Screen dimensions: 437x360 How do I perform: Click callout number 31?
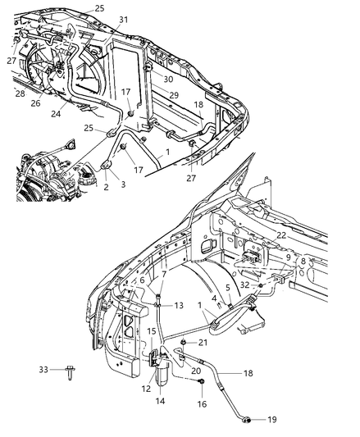point(123,19)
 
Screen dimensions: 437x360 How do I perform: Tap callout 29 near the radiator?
point(175,96)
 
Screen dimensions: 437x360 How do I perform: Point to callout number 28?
point(21,93)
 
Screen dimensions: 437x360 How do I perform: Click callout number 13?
point(178,306)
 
